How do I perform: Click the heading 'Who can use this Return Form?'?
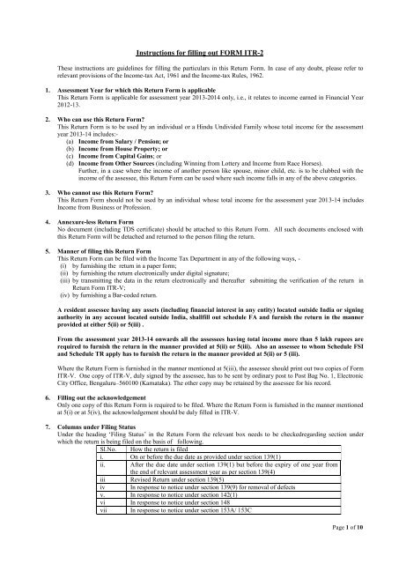pos(107,115)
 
